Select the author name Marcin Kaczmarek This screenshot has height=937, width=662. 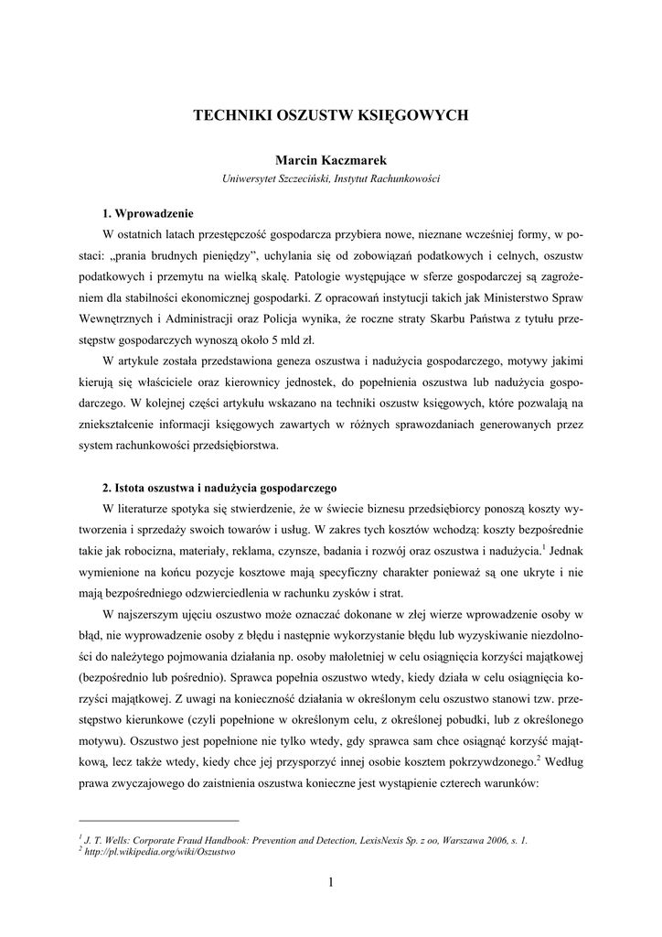click(330, 160)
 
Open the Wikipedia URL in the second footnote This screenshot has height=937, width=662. click(160, 851)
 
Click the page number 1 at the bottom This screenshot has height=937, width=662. click(331, 882)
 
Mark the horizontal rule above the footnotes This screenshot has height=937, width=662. click(159, 821)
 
